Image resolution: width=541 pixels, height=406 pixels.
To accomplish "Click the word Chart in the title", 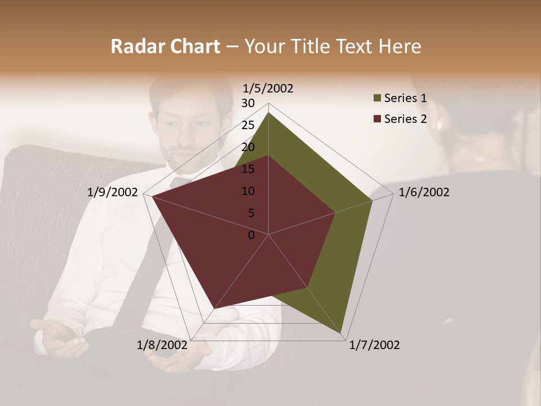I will [194, 47].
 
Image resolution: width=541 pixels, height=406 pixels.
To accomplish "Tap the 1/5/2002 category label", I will [268, 89].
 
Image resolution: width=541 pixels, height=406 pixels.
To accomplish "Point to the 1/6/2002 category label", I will [424, 192].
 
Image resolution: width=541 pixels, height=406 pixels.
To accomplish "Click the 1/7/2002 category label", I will [374, 345].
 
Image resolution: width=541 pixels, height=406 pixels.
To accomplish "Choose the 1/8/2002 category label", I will [162, 345].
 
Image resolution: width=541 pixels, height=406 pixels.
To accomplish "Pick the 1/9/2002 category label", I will [113, 192].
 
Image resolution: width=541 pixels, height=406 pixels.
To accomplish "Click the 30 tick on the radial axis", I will [248, 103].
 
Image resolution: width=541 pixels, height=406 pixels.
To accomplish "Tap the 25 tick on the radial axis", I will [248, 125].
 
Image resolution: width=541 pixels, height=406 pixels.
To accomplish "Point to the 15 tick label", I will [248, 169].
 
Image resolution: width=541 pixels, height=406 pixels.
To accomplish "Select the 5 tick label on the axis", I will [251, 213].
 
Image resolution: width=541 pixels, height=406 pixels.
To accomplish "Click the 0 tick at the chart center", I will [251, 235].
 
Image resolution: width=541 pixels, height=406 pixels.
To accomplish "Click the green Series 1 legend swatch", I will [377, 99].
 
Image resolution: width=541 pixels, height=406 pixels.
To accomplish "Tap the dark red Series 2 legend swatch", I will [377, 119].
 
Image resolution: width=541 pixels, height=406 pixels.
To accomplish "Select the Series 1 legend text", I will [405, 99].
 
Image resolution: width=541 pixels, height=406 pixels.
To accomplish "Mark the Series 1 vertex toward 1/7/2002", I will [342, 334].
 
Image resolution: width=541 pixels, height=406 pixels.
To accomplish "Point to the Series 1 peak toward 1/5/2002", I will [268, 113].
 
